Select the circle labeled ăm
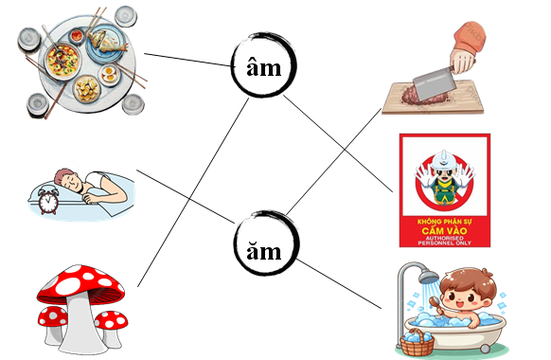pos(264,248)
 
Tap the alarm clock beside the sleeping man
pos(46,200)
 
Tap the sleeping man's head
pos(65,179)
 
